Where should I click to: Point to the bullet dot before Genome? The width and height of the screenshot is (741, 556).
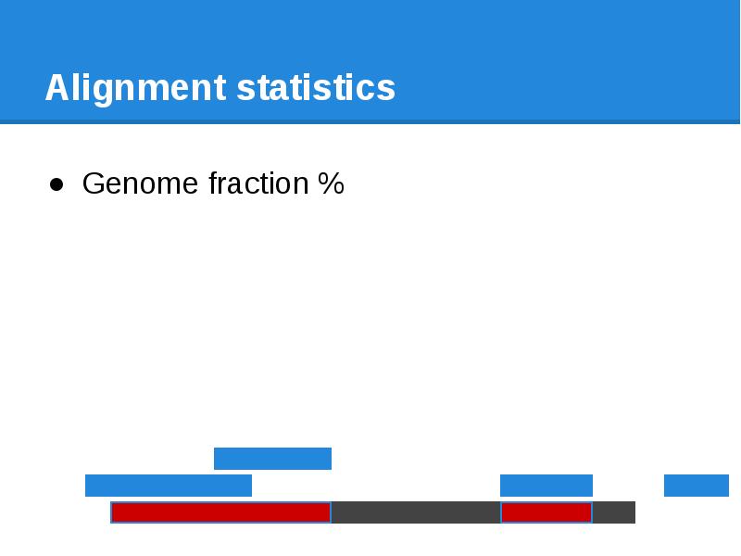click(57, 184)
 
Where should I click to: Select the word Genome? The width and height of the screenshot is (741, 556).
click(141, 184)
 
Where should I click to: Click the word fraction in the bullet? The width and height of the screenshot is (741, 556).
click(257, 184)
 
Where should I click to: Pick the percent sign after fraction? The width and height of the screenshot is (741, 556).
click(331, 184)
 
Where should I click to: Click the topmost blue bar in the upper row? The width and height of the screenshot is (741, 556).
click(272, 459)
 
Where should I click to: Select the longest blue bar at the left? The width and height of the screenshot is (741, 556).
click(168, 486)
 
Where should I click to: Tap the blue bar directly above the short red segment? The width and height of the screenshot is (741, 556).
click(546, 486)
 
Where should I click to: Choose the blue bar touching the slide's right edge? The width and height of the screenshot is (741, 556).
click(697, 486)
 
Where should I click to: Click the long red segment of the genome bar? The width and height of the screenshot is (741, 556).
click(220, 512)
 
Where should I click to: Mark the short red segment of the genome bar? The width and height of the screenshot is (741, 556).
click(546, 512)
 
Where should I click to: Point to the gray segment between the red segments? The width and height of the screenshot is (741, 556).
click(415, 512)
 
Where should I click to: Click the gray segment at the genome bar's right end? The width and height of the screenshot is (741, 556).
click(613, 512)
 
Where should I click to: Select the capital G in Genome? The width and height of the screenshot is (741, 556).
click(94, 184)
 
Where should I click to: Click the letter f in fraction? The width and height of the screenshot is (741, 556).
click(213, 183)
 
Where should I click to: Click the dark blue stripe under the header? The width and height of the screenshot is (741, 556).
click(370, 121)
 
